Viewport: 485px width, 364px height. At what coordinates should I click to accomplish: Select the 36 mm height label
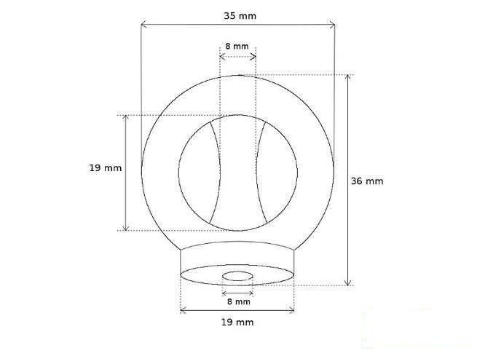coord(366,181)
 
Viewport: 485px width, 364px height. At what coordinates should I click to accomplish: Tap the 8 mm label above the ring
coord(237,46)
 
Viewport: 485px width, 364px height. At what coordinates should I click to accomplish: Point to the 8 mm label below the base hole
coord(237,301)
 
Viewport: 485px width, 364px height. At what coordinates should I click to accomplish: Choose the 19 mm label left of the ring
coord(105,167)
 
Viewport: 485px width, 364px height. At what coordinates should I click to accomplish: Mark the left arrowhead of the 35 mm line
coord(143,25)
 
